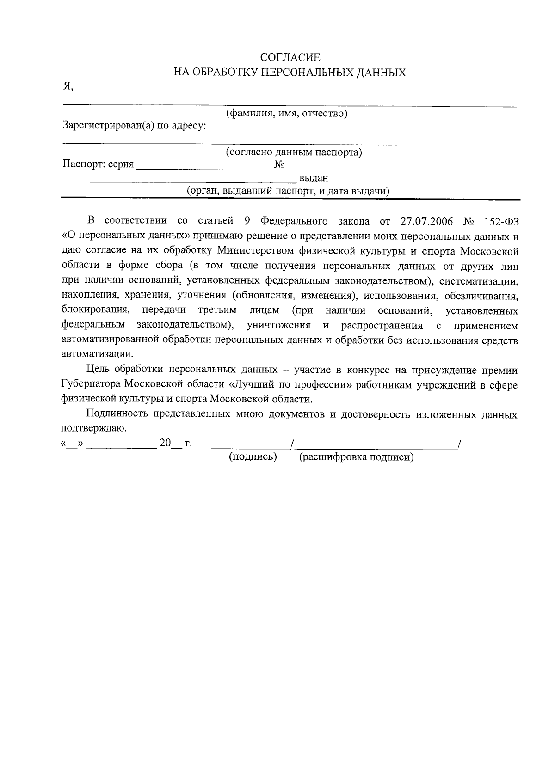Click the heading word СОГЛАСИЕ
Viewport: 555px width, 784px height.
pos(290,58)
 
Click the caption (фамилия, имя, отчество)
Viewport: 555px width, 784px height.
pos(286,113)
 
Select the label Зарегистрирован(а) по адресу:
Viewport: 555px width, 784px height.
pos(134,125)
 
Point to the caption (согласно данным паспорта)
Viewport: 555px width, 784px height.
pos(294,152)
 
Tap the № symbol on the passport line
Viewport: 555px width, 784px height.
pos(279,165)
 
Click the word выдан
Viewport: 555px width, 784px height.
pos(314,178)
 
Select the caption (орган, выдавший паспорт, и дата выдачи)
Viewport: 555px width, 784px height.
pos(288,191)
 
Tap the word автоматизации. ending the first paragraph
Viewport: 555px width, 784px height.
pos(97,354)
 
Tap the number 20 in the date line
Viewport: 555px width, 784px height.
pos(165,443)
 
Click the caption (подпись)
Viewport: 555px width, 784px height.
pos(253,457)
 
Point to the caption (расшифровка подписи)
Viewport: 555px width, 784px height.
pos(356,457)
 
